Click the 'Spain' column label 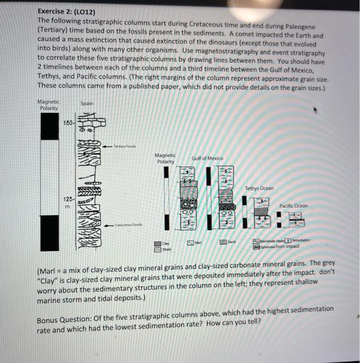87,104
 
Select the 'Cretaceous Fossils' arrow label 127,225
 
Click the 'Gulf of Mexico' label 207,158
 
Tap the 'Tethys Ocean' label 260,188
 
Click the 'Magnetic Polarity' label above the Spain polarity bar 49,105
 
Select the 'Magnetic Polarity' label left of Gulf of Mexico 165,158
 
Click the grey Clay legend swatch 157,242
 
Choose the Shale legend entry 157,248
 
